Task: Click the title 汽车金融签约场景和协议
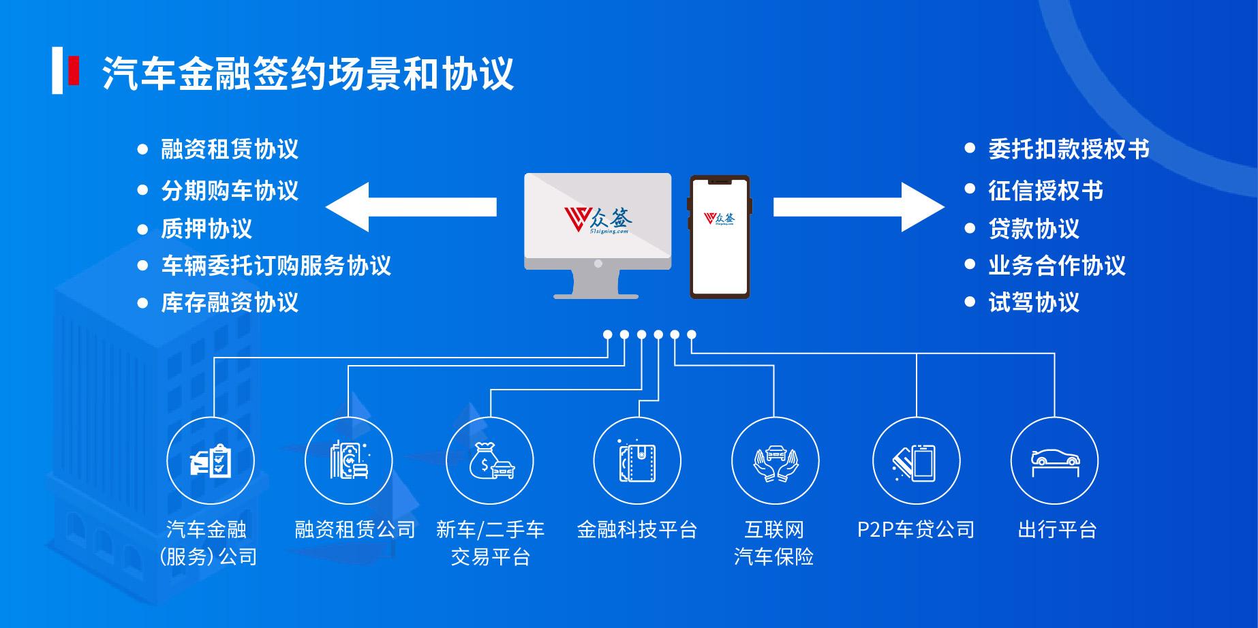tap(308, 73)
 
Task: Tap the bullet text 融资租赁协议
tap(230, 150)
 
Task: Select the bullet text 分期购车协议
tap(230, 191)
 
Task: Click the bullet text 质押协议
tap(206, 229)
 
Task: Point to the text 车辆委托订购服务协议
tap(276, 266)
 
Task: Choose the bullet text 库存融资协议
tap(230, 303)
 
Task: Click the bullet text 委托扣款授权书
tap(1069, 150)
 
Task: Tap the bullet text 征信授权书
tap(1045, 191)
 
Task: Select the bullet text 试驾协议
tap(1034, 303)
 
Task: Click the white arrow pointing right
tap(859, 207)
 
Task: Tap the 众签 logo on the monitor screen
tap(598, 219)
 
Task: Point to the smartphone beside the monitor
tap(720, 236)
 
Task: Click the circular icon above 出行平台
tap(1054, 461)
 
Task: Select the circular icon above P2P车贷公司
tap(916, 461)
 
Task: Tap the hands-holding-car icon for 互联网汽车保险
tap(775, 461)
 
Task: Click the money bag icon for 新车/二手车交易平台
tap(490, 461)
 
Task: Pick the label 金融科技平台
tap(636, 530)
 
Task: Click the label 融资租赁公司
tap(355, 530)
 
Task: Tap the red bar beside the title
tap(74, 71)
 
